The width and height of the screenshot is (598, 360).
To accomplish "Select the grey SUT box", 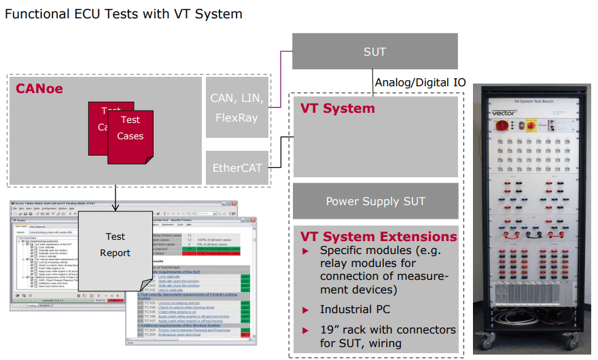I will tap(374, 52).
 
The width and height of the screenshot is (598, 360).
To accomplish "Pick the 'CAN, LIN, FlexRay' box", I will tap(236, 107).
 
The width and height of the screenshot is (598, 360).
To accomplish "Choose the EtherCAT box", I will tap(236, 167).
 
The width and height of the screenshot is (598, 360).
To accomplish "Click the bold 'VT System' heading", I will tap(338, 108).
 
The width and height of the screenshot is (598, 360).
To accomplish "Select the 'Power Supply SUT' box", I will tap(375, 201).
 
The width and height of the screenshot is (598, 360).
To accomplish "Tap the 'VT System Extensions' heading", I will tap(379, 236).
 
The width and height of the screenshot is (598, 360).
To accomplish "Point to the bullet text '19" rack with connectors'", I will tap(388, 329).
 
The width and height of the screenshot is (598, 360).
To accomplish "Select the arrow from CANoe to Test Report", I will tap(116, 197).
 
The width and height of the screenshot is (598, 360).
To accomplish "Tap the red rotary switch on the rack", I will tap(504, 125).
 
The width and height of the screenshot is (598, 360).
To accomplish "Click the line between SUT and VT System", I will tap(374, 80).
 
